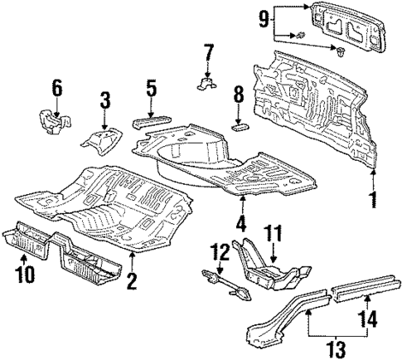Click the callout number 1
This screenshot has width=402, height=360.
(372, 199)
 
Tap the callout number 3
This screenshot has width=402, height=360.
(105, 101)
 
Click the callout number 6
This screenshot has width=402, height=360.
(56, 85)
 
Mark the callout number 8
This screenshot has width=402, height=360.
(238, 94)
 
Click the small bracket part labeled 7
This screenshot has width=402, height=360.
(207, 83)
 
